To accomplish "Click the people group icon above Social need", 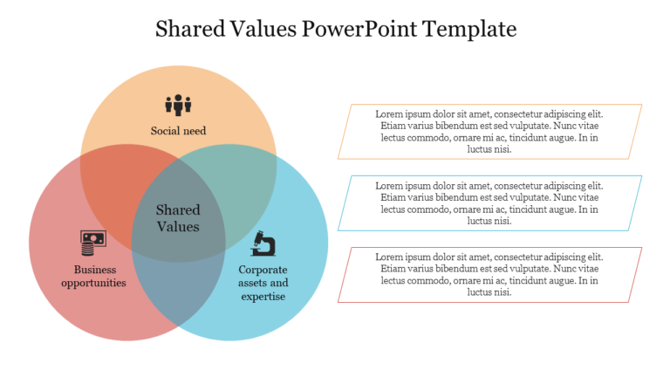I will (x=178, y=105).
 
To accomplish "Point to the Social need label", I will (x=178, y=132).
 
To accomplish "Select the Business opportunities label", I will (x=94, y=276).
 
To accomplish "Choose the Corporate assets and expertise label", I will (x=263, y=283).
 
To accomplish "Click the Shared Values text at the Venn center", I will (x=178, y=218).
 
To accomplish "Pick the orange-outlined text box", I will (x=489, y=132).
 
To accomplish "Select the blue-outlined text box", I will (x=489, y=203).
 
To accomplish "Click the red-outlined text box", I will (x=489, y=275).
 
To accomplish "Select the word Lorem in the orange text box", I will (x=389, y=113).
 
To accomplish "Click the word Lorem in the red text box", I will (x=389, y=257).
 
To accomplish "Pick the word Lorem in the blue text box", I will (x=389, y=185).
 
